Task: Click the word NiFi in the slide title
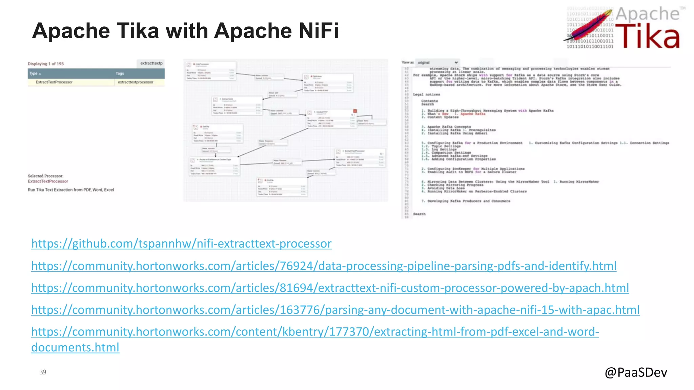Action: click(318, 31)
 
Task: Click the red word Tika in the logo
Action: click(647, 36)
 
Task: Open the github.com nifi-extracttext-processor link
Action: click(181, 243)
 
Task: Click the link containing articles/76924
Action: click(324, 266)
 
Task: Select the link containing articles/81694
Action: click(330, 288)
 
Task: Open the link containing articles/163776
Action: click(335, 310)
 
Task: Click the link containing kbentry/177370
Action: click(315, 332)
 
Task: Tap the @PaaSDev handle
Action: click(636, 372)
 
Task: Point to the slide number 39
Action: click(43, 372)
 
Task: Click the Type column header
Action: click(35, 73)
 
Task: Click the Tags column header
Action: click(120, 73)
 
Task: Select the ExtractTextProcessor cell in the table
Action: click(54, 82)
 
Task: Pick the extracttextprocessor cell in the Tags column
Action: click(136, 82)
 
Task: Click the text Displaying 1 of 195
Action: click(46, 64)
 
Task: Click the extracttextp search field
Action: click(151, 63)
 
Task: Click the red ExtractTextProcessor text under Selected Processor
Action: click(48, 181)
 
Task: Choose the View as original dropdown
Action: click(437, 63)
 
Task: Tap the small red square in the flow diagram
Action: click(355, 111)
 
